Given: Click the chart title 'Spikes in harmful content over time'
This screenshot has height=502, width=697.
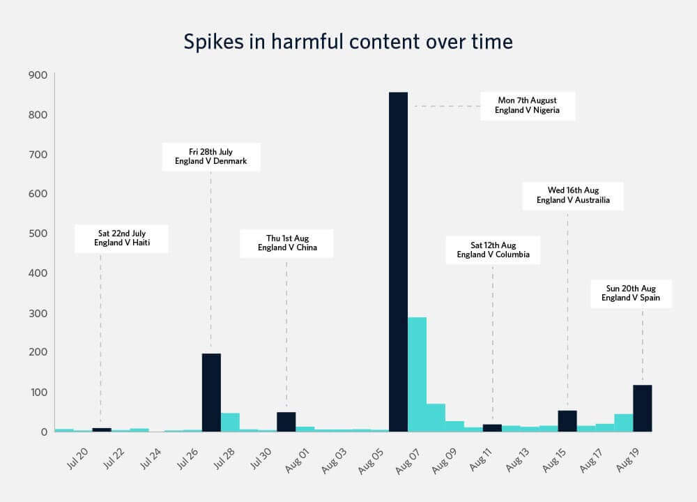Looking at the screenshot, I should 348,42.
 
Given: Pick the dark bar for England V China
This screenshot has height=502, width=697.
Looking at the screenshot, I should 286,422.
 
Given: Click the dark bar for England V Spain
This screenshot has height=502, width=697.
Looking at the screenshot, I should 642,409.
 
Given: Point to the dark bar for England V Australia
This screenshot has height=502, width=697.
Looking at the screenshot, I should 567,421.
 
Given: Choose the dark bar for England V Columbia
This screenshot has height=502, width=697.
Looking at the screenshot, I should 492,427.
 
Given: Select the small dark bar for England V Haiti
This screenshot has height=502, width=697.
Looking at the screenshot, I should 101,429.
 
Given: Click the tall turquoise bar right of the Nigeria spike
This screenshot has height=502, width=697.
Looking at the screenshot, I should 417,374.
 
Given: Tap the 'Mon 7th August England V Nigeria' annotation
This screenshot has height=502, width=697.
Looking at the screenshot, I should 528,105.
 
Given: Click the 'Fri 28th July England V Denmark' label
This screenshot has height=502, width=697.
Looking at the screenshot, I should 210,157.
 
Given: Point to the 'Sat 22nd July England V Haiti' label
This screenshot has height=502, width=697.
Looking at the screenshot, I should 122,238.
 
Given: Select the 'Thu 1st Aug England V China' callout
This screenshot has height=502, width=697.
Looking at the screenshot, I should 287,243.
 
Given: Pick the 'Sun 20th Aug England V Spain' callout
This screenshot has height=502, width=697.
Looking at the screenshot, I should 631,294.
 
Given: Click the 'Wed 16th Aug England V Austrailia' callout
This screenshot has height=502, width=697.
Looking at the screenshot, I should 573,195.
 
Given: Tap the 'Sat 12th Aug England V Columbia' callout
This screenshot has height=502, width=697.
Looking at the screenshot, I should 493,250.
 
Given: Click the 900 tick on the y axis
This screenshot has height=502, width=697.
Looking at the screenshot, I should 38,75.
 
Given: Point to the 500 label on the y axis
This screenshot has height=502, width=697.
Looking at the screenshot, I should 38,233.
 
